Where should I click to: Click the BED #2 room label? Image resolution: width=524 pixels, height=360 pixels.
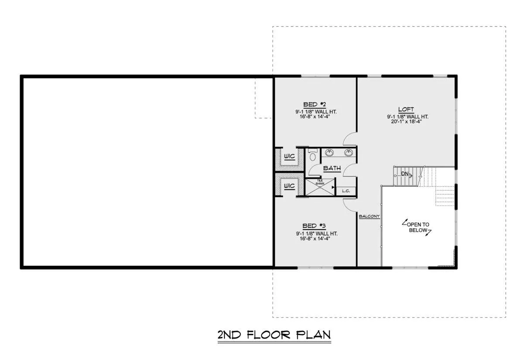314,104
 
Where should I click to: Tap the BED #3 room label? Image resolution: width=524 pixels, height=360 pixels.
314,226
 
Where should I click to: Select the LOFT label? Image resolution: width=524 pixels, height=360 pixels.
406,110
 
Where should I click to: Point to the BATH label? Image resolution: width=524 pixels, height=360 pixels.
332,168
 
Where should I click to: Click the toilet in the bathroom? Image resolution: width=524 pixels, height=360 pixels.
313,155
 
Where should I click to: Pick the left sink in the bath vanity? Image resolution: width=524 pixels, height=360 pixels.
329,153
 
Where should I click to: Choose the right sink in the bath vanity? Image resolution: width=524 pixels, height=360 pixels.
348,153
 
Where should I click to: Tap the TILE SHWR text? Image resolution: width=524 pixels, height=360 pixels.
320,182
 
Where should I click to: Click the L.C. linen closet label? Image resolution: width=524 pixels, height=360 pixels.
346,191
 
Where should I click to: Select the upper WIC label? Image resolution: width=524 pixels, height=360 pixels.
290,156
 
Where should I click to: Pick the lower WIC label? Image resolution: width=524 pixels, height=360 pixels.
290,186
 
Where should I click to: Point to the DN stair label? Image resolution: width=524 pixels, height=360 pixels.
405,174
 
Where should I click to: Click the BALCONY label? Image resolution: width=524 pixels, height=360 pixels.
369,216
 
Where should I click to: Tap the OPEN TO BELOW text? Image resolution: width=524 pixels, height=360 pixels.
418,227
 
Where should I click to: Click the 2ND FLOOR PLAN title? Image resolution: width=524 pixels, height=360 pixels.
274,335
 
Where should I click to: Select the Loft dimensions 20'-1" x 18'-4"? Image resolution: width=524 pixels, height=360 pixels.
407,122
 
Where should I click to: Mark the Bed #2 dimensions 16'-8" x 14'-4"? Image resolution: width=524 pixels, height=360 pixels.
315,117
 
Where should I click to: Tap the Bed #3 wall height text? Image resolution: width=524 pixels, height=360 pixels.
317,233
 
